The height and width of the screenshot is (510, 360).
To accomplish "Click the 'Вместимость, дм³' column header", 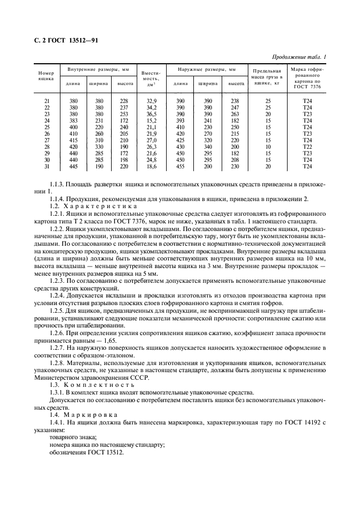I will [150, 78].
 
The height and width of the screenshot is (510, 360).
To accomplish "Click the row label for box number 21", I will [46, 101].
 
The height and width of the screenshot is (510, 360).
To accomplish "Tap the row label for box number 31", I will [46, 166].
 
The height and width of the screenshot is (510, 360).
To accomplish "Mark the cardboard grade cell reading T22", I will [307, 147].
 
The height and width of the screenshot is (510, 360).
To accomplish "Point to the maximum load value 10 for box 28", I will [267, 147].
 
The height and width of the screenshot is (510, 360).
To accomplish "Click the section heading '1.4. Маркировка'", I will [80, 415].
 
